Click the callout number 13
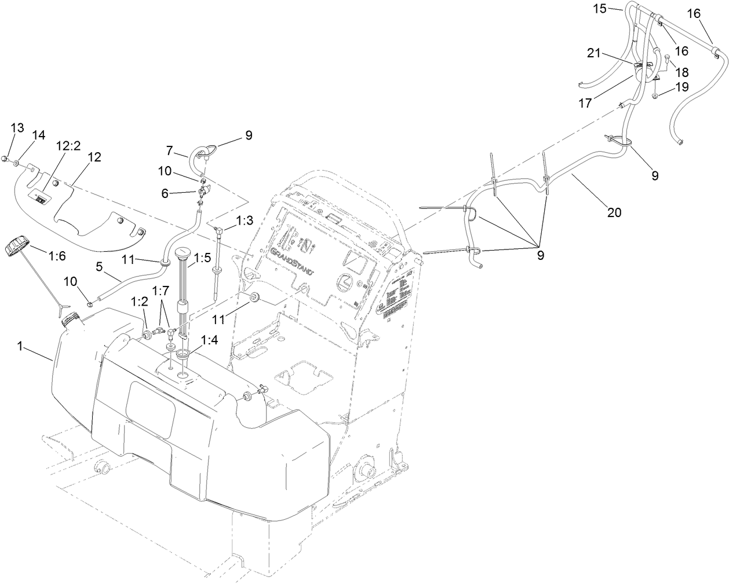tap(17, 128)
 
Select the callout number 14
tap(38, 135)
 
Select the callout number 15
tap(599, 8)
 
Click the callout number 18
tap(681, 72)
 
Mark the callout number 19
tap(681, 87)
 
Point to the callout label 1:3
tap(245, 221)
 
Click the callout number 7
tap(169, 150)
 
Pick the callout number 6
tap(165, 194)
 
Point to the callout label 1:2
tap(139, 302)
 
